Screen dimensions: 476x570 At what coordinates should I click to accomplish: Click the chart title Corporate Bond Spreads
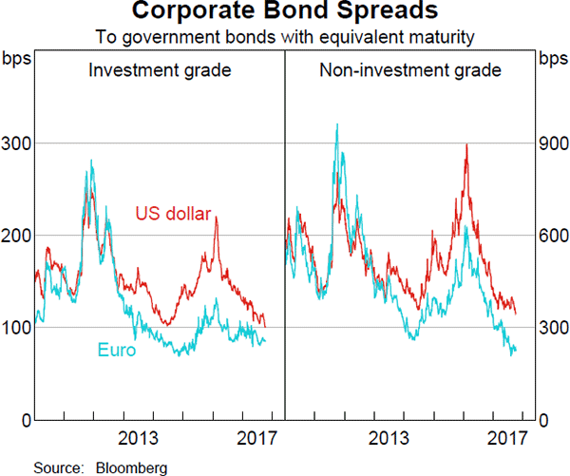pos(284,12)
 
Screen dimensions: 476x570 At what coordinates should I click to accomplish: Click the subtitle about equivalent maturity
pos(284,37)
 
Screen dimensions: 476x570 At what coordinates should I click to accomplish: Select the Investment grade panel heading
pos(160,70)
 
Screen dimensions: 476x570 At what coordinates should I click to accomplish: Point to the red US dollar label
pos(172,213)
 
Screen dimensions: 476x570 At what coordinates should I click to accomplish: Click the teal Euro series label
pos(116,351)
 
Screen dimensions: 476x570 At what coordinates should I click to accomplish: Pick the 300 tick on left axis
pos(17,143)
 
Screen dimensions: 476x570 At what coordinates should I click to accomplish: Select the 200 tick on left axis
pos(17,236)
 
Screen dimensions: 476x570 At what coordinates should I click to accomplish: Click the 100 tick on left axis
pos(17,328)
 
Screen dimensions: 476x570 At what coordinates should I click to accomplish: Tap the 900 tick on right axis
pos(552,143)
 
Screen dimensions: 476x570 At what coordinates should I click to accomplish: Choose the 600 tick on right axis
pos(552,236)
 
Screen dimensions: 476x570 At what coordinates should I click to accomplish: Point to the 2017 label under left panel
pos(256,439)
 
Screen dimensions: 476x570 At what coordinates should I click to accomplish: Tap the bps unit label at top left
pos(17,59)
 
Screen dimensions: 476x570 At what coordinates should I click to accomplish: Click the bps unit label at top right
pos(552,59)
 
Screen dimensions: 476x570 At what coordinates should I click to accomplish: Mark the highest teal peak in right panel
pos(337,124)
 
